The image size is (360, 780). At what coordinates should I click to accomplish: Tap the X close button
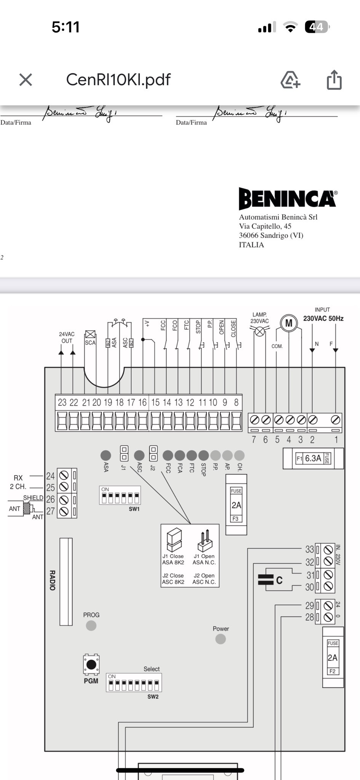tap(26, 80)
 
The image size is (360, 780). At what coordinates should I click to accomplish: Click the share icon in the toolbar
tap(334, 80)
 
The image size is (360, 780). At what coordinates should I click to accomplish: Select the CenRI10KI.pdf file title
tap(118, 80)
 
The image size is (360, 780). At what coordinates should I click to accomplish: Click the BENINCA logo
tap(288, 198)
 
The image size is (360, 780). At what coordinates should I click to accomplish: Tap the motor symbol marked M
tap(289, 323)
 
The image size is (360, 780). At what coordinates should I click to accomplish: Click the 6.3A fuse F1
tap(313, 458)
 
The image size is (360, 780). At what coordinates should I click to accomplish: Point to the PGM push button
tap(91, 665)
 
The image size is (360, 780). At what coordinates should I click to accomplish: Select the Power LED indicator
tap(221, 639)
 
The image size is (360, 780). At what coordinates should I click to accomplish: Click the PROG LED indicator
tap(91, 625)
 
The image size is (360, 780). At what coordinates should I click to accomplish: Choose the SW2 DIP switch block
tap(134, 684)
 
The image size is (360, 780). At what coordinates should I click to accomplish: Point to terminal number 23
tap(62, 403)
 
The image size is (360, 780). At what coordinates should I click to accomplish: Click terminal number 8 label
tap(236, 403)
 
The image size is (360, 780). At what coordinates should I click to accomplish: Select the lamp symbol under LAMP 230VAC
tap(259, 331)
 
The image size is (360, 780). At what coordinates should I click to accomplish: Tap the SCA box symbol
tap(90, 334)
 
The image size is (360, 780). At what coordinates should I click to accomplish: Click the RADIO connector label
tap(53, 580)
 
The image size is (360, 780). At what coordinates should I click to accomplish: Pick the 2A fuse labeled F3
tap(236, 505)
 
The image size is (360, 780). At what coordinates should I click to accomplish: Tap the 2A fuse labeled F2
tap(333, 657)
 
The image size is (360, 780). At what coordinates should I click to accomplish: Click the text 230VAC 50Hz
tap(323, 318)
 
